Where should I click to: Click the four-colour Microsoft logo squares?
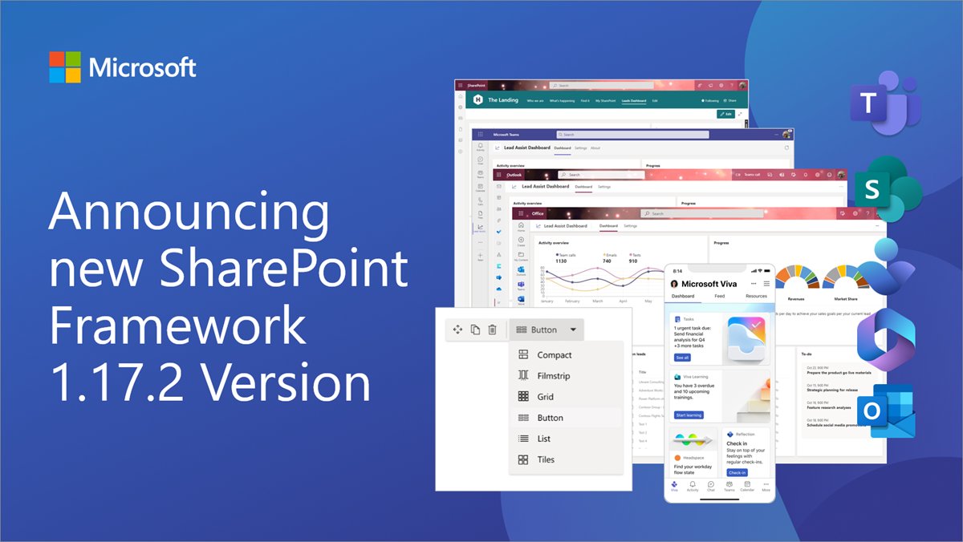pos(65,67)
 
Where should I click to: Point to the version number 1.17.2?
pos(120,382)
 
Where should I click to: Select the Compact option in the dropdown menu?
pos(554,355)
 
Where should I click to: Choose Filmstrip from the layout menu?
pos(553,376)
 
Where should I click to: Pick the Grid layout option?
pos(545,397)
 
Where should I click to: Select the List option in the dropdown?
pos(544,439)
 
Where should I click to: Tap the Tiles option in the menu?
pos(546,459)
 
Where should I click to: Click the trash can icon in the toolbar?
pos(493,330)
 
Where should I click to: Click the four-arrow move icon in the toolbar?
pos(458,330)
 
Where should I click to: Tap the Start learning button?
pos(689,415)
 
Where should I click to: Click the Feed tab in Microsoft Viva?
pos(720,296)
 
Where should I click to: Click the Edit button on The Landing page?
pos(725,115)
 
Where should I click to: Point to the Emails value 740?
pos(607,261)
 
